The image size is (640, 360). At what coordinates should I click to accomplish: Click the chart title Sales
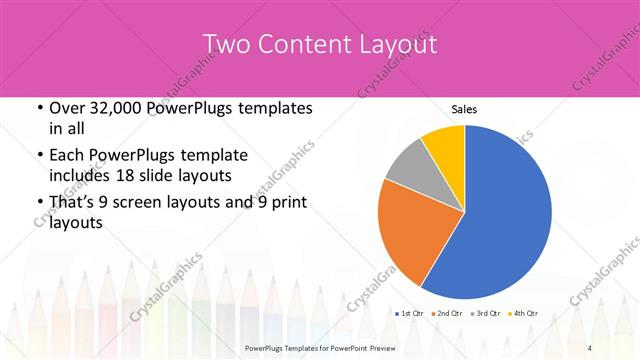point(464,109)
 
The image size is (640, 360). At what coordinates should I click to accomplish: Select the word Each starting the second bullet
point(67,155)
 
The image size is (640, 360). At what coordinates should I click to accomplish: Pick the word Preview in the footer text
point(391,348)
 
